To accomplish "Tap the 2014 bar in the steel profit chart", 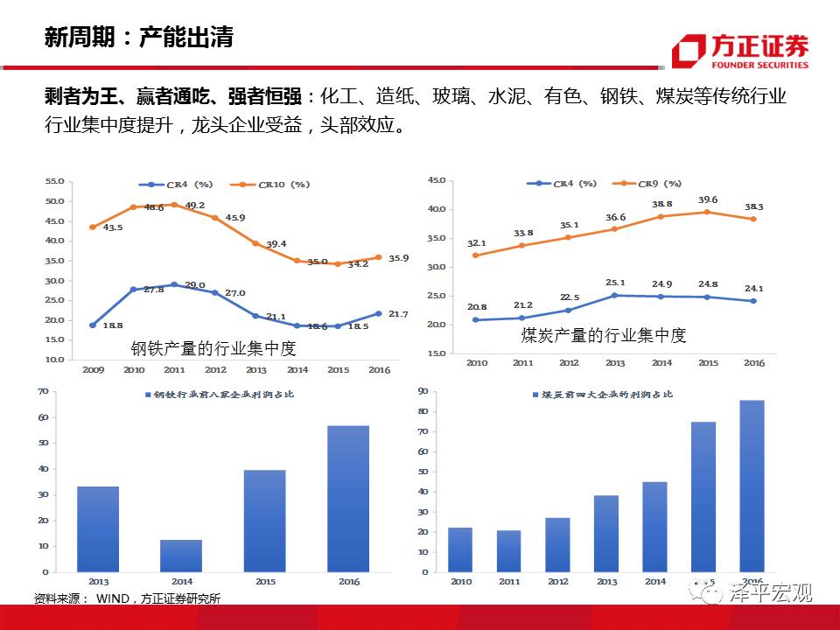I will coord(180,556).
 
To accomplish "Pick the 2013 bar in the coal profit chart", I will coord(606,534).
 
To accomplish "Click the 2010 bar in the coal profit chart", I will coord(459,549).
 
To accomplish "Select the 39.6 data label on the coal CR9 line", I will coord(708,199).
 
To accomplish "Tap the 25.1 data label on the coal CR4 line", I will coord(615,283).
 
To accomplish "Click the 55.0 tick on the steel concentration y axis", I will coord(54,181).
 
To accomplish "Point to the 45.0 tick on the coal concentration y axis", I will coord(435,180).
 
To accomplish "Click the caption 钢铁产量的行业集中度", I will coord(213,348).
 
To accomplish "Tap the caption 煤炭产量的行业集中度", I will coord(604,335).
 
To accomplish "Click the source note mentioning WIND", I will coord(127,598).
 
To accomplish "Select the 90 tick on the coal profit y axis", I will coord(423,391).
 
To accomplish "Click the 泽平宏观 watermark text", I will coord(770,593).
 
